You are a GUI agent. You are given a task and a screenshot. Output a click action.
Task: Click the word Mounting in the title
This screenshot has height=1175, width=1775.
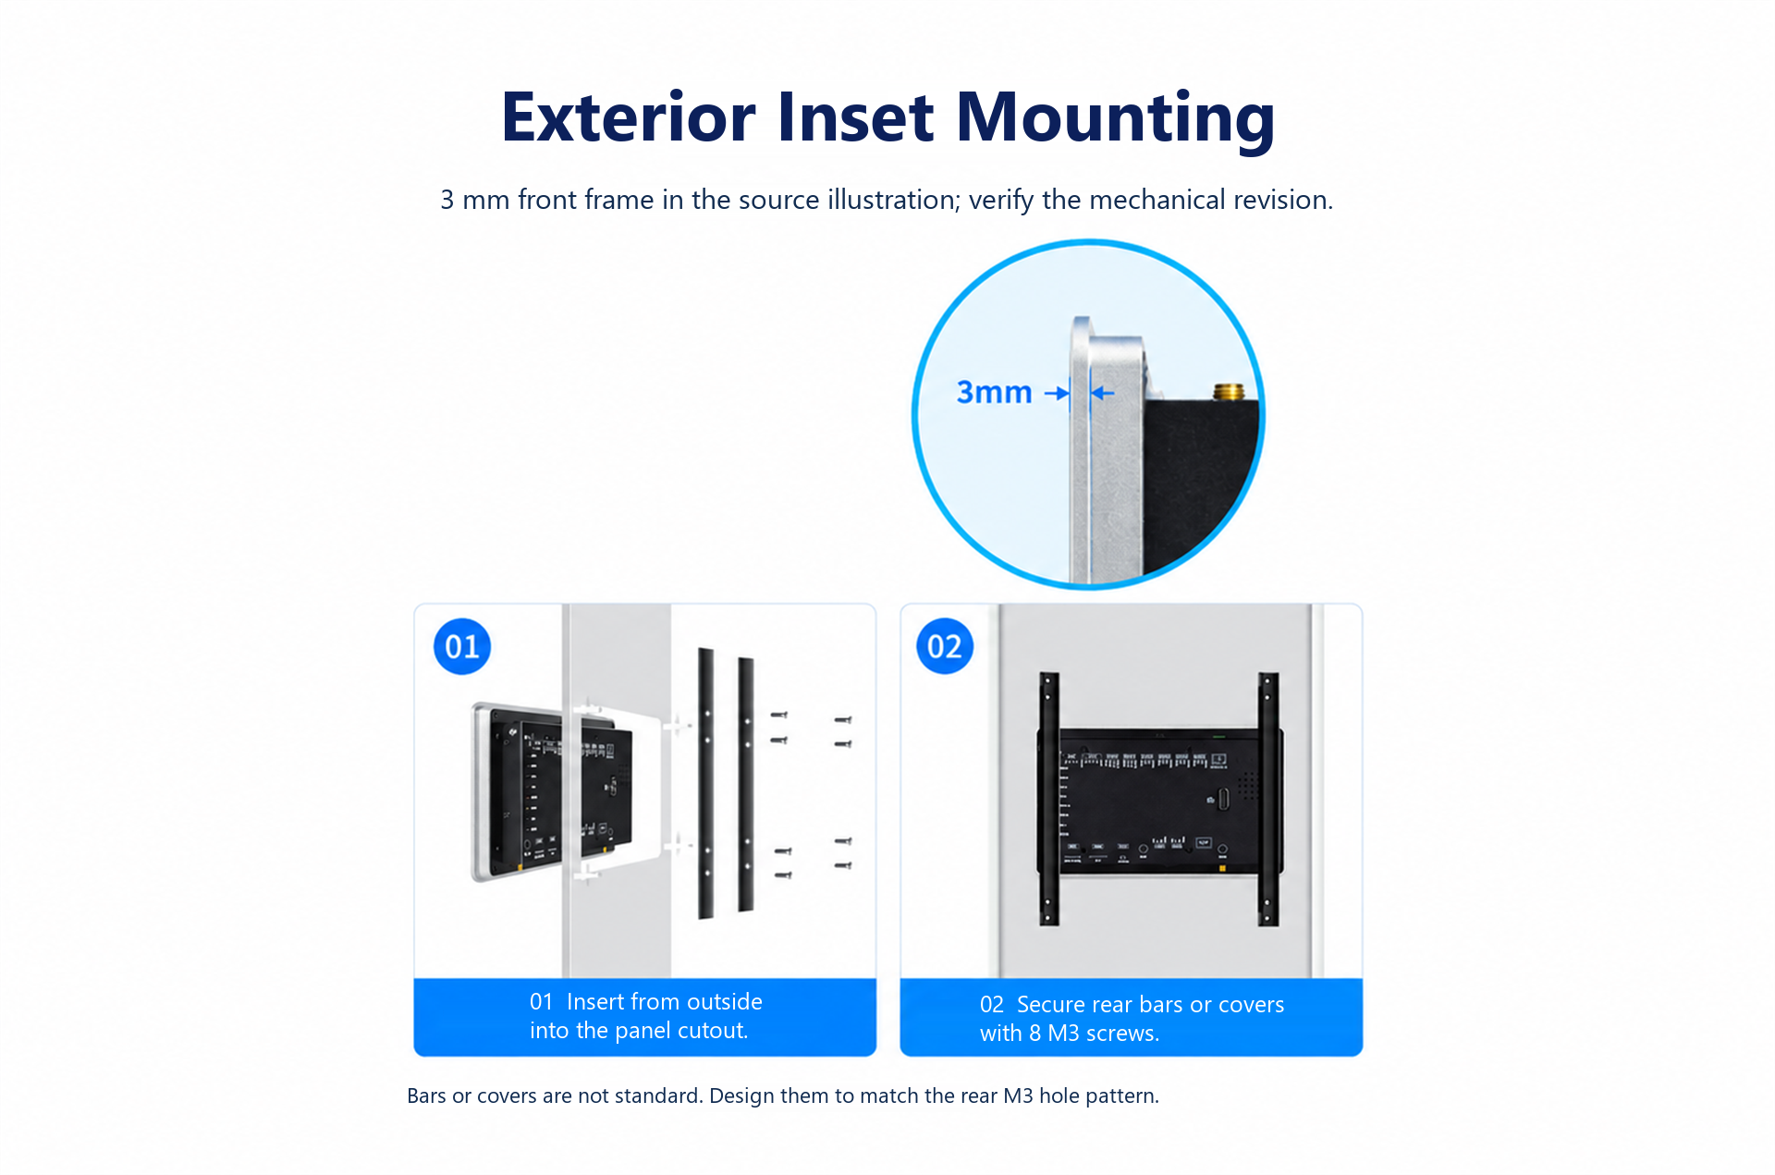click(1115, 120)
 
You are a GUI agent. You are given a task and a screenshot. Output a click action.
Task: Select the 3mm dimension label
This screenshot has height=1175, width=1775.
click(994, 393)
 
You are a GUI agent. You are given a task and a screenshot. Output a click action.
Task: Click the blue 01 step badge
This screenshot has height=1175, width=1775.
click(462, 646)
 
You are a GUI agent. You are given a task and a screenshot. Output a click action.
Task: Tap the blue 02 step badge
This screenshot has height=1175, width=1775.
click(945, 646)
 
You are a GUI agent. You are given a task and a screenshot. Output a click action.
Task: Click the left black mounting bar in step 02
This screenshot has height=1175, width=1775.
click(1048, 798)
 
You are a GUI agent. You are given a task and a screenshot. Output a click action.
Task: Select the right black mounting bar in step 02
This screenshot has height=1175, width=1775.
click(1268, 799)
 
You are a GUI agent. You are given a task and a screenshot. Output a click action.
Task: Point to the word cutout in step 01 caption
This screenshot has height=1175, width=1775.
click(713, 1031)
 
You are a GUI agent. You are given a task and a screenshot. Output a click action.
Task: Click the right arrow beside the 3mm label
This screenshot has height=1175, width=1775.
click(1057, 393)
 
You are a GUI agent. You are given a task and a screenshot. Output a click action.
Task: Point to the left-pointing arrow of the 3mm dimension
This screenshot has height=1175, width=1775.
click(1103, 393)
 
